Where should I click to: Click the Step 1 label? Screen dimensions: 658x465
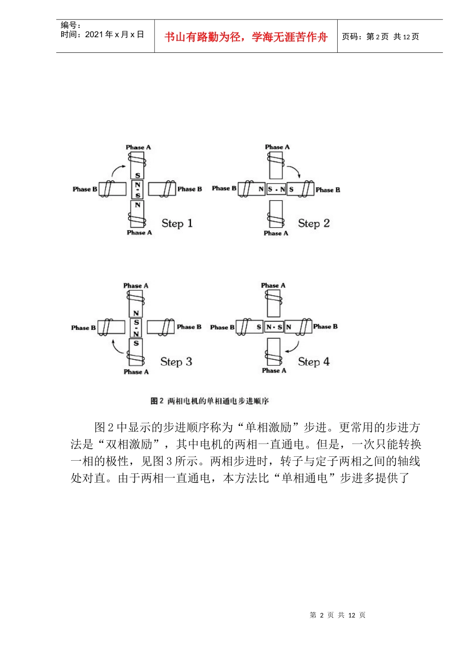coord(177,224)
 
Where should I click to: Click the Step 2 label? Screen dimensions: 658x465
coord(314,224)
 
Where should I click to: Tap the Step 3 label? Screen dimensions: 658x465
coord(176,362)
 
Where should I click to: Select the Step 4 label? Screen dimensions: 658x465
coord(314,362)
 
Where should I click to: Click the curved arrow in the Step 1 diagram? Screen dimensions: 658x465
coord(118,170)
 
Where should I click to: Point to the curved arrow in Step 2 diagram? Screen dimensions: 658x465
coord(294,171)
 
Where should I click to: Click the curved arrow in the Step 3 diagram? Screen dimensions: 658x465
coord(117,346)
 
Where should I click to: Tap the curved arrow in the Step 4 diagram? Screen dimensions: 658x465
coord(293,347)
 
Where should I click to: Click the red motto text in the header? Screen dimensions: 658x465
coord(246,37)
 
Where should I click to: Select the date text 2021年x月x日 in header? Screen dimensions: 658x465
coord(115,34)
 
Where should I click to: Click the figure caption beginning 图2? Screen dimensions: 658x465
coord(209,401)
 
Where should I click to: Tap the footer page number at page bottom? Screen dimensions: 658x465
coord(338,615)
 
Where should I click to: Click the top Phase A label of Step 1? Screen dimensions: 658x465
coord(139,147)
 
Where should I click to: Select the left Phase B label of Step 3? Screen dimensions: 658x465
coord(83,328)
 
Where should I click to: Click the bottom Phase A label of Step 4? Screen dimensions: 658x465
coord(274,371)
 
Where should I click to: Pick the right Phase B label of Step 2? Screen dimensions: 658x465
coord(328,189)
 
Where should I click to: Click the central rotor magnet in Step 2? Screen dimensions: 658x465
coord(277,189)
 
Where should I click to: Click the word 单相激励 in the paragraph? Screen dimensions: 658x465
coord(268,427)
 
